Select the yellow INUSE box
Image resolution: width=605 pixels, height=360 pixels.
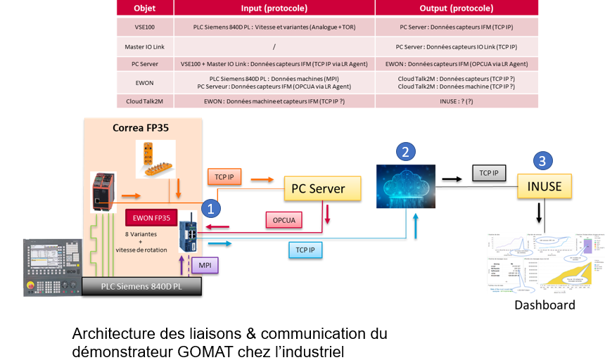click(x=544, y=186)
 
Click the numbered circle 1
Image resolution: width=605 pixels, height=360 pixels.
click(x=209, y=208)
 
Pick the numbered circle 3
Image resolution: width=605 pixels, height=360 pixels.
click(x=542, y=160)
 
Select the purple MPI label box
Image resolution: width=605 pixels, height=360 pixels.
click(x=205, y=265)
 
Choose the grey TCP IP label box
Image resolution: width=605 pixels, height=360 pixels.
click(x=489, y=172)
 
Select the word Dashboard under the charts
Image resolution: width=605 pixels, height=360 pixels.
click(x=544, y=305)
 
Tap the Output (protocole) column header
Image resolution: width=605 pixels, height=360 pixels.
click(x=456, y=8)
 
